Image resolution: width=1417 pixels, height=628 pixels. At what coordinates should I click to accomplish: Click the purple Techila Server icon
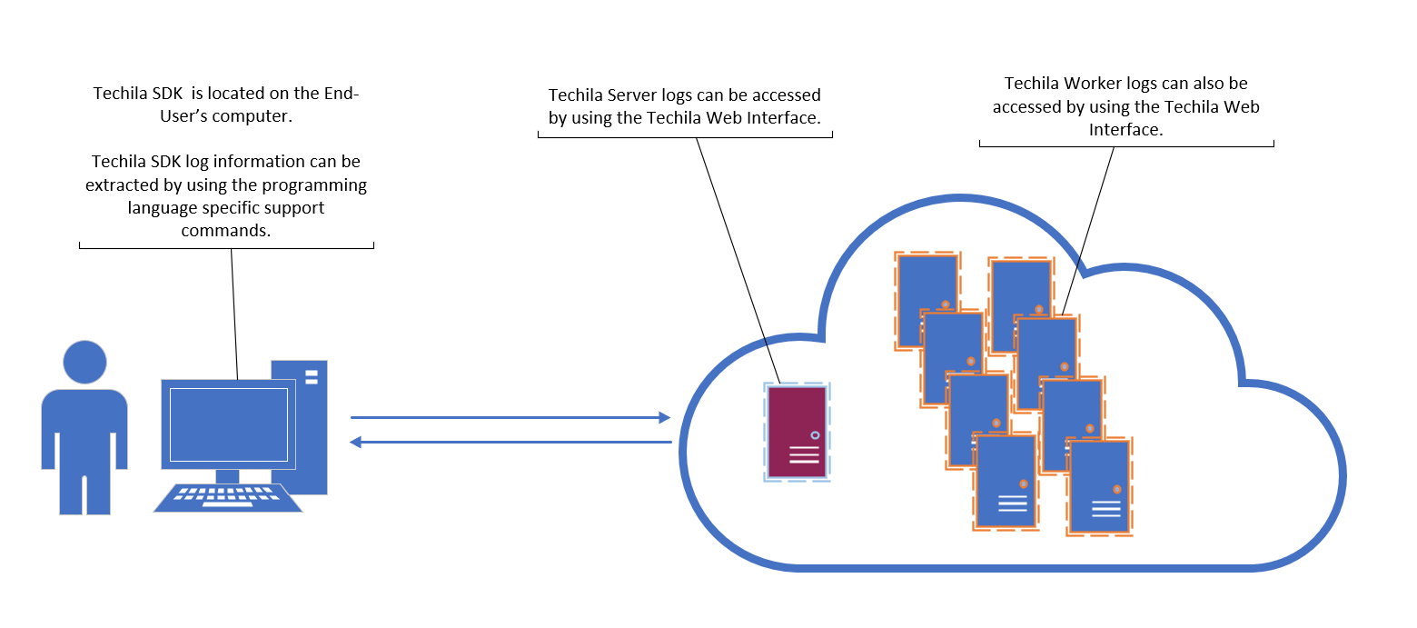[x=797, y=432]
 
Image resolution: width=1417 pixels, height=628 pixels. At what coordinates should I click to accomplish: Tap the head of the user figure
[x=85, y=363]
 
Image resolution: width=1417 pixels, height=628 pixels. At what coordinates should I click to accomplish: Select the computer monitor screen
[x=228, y=424]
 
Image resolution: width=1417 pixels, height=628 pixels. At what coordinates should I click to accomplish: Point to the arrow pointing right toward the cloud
[x=510, y=418]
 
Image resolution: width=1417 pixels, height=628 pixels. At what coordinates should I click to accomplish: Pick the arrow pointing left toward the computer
[x=510, y=443]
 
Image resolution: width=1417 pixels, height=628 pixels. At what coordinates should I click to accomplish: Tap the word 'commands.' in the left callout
[x=226, y=231]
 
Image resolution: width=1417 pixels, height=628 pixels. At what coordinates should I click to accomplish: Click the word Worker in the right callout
[x=1095, y=84]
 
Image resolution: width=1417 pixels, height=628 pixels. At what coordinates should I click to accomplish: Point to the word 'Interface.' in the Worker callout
[x=1126, y=130]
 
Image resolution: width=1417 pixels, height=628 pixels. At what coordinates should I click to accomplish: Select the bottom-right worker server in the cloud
[x=1099, y=486]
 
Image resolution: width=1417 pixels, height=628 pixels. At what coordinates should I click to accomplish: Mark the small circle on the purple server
[x=815, y=435]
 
